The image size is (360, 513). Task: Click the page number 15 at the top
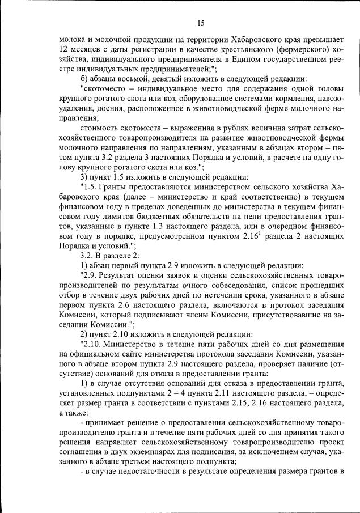point(201,23)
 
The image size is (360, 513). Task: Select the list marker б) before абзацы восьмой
point(85,78)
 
